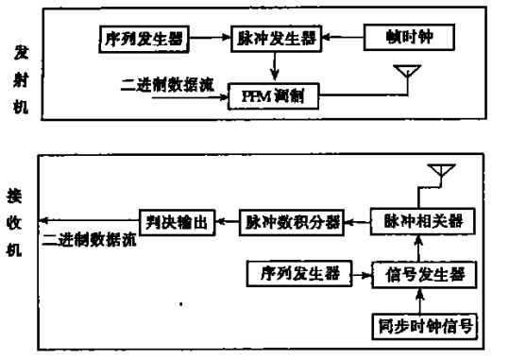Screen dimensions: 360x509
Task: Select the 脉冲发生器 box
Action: click(275, 41)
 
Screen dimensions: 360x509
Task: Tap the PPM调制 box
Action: click(275, 94)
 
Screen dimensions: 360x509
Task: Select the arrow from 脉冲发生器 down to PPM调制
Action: click(275, 67)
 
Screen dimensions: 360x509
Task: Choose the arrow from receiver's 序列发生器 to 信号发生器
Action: click(360, 274)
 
